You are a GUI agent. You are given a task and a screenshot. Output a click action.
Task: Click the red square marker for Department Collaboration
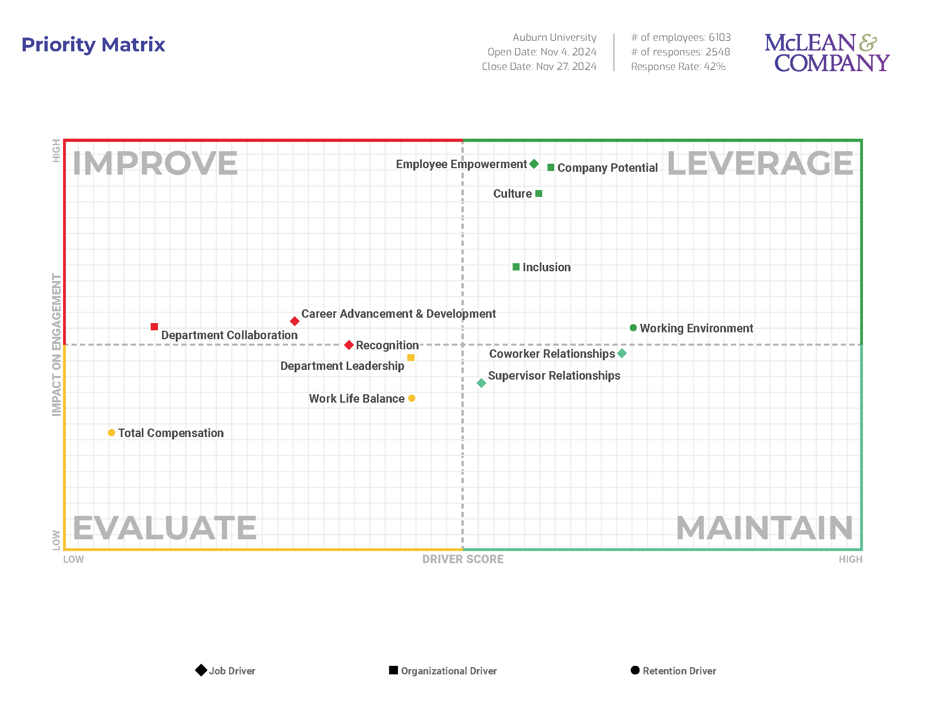(x=154, y=327)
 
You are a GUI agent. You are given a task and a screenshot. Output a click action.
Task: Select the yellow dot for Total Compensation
(x=112, y=433)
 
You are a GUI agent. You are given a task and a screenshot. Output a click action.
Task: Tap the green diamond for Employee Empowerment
(x=534, y=164)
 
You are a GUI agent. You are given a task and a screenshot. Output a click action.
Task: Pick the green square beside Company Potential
(x=551, y=167)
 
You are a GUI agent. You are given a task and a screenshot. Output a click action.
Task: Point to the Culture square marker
(x=539, y=193)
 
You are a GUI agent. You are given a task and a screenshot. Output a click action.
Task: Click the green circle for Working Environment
(x=633, y=327)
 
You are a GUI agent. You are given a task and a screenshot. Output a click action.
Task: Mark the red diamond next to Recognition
(x=349, y=345)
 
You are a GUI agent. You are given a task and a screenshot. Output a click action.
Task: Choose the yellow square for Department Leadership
(x=411, y=357)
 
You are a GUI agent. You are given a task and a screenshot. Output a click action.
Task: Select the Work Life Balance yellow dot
(x=412, y=398)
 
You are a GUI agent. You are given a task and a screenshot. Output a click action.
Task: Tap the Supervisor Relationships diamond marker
(x=481, y=383)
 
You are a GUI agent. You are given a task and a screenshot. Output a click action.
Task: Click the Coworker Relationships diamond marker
(x=622, y=353)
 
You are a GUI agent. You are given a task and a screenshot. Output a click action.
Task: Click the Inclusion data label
(x=547, y=267)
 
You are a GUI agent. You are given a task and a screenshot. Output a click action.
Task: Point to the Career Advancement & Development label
(x=398, y=314)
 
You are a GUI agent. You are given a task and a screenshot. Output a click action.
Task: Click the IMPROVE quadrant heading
(x=155, y=163)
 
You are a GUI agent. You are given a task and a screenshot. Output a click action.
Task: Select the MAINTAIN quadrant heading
(x=764, y=528)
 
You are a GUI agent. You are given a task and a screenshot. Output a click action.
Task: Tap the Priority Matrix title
(x=93, y=44)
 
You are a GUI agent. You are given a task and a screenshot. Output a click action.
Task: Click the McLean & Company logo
(x=827, y=53)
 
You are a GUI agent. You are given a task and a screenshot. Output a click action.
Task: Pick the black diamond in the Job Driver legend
(x=201, y=670)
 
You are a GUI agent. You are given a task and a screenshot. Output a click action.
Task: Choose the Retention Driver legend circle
(x=635, y=670)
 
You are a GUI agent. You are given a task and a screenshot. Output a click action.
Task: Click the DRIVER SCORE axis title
(x=463, y=559)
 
